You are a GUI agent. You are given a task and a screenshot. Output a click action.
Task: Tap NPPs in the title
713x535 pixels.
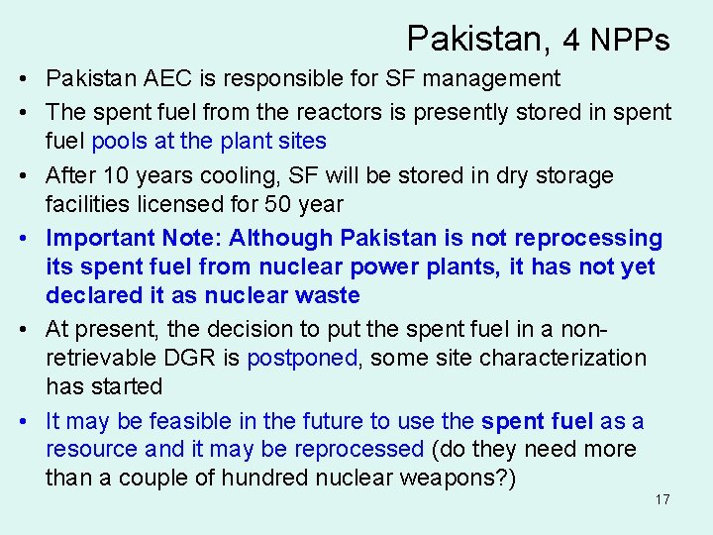click(x=630, y=40)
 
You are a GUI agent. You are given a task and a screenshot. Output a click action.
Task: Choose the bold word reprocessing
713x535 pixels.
click(x=592, y=239)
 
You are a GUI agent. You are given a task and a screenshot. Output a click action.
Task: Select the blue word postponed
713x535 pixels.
click(x=302, y=358)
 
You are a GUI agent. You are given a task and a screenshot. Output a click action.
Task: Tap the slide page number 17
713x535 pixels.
click(x=662, y=499)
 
